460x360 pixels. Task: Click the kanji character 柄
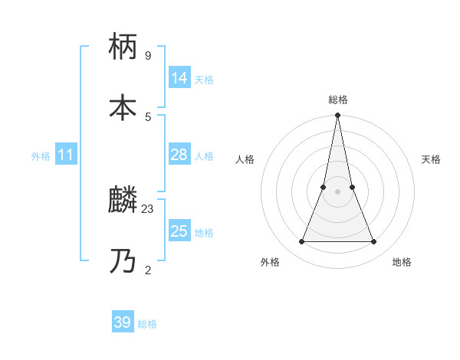[123, 47]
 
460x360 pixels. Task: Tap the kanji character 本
[123, 108]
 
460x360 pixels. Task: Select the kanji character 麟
[123, 200]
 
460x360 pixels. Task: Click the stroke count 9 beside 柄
[148, 56]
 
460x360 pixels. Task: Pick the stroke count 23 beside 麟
[148, 208]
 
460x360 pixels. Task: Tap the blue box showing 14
[179, 78]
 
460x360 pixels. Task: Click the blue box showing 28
[179, 155]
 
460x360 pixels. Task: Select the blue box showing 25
[179, 231]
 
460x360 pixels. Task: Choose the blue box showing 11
[65, 155]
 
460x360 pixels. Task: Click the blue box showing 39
[123, 322]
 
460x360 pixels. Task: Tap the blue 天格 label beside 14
[204, 80]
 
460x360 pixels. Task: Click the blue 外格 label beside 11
[41, 156]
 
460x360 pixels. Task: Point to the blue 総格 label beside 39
[147, 324]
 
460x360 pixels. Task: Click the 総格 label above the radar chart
[338, 100]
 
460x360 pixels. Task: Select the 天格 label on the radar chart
[431, 159]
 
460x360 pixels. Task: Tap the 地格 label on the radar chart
[402, 262]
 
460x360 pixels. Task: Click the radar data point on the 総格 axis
[337, 116]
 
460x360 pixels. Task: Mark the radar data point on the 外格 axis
[301, 242]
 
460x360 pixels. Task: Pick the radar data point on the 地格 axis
[374, 242]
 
